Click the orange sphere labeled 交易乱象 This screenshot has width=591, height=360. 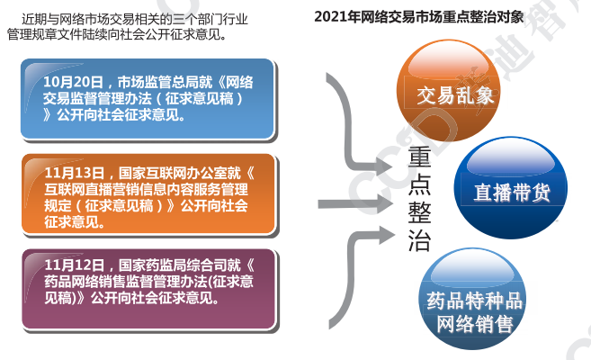(x=448, y=90)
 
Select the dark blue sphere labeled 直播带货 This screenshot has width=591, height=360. (x=511, y=187)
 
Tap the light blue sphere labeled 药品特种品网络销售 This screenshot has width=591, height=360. (x=474, y=299)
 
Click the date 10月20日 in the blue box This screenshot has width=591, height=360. (x=73, y=82)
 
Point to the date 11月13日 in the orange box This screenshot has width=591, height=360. (x=75, y=173)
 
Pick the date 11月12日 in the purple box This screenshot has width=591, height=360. (x=75, y=265)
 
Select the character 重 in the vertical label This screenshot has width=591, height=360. (x=419, y=157)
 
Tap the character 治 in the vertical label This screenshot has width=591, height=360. (x=419, y=240)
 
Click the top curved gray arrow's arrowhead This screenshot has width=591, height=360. (x=384, y=166)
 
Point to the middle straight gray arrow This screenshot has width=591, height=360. (x=355, y=204)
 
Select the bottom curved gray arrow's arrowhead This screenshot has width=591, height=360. (x=386, y=235)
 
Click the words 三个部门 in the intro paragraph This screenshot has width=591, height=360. (x=197, y=19)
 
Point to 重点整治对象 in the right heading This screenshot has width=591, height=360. (x=479, y=17)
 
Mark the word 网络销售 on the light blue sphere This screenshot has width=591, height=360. (x=475, y=324)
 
